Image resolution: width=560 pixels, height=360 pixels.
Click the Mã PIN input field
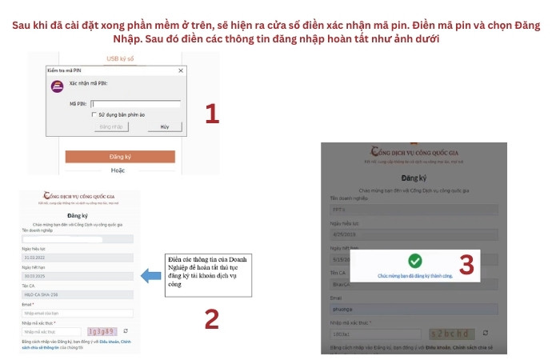135,103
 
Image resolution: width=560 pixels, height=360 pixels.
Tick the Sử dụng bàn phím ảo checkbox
94,114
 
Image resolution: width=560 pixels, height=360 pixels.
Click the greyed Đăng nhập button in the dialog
111,127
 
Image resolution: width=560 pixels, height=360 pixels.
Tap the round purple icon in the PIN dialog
57,86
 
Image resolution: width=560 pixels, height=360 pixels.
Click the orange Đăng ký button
119,156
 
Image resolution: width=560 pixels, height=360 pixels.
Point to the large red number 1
211,114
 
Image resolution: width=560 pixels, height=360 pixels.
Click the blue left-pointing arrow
150,276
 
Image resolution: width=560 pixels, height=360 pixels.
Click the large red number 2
211,318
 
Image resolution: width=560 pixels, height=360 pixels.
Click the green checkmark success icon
414,261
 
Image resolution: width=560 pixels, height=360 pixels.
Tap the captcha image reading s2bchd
453,333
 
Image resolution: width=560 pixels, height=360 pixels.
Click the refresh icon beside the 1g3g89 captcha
126,330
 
